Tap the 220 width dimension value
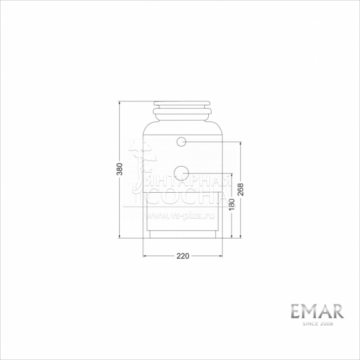click(x=183, y=256)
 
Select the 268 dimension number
click(x=240, y=189)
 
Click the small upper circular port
click(x=181, y=142)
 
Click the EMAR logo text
click(x=317, y=311)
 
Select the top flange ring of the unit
click(x=182, y=104)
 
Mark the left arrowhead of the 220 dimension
click(x=145, y=256)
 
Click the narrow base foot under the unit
click(x=183, y=235)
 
